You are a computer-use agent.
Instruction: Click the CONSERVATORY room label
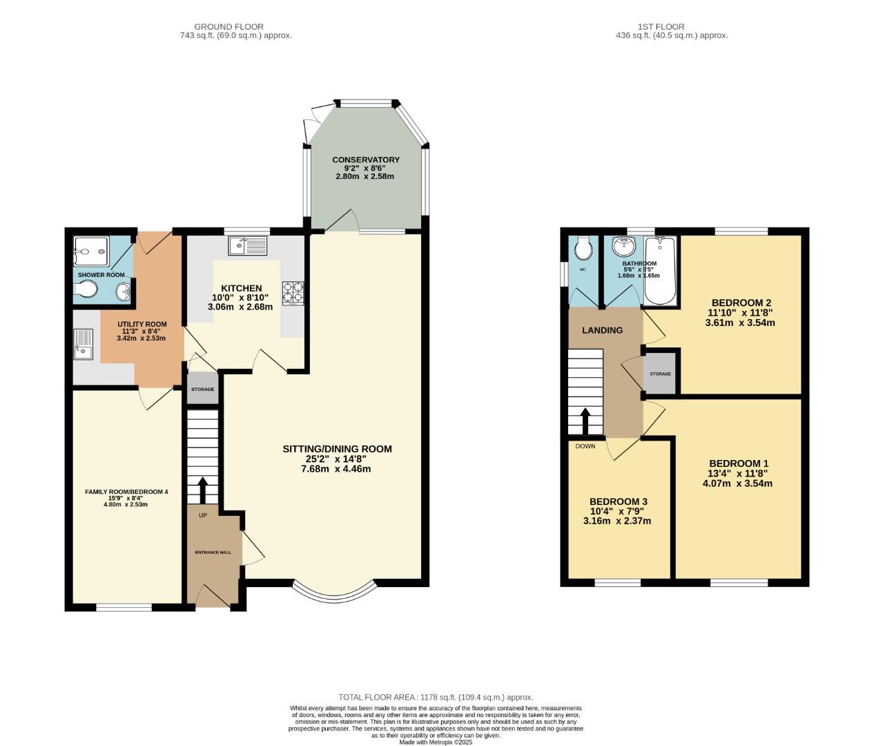pyautogui.click(x=365, y=160)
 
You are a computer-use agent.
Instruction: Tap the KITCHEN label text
pyautogui.click(x=241, y=288)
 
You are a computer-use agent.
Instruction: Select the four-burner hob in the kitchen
pyautogui.click(x=291, y=294)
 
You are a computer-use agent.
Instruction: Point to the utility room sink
pyautogui.click(x=84, y=345)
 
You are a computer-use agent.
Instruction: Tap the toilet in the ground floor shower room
pyautogui.click(x=86, y=293)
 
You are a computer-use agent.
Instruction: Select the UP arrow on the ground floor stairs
pyautogui.click(x=202, y=490)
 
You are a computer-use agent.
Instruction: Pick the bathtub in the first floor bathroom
pyautogui.click(x=661, y=271)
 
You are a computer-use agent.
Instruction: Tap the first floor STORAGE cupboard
pyautogui.click(x=660, y=374)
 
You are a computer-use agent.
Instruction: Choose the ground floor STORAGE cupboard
pyautogui.click(x=202, y=390)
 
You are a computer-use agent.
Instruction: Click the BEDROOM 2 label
pyautogui.click(x=741, y=303)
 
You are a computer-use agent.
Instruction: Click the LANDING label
pyautogui.click(x=602, y=330)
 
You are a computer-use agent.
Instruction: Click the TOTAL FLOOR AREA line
pyautogui.click(x=436, y=698)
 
